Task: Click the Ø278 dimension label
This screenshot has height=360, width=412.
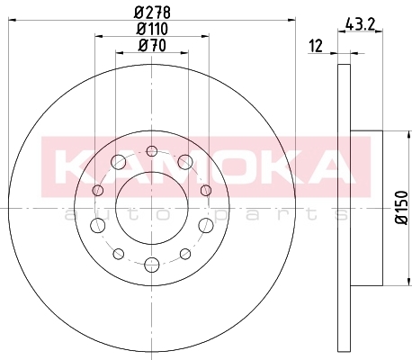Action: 152,13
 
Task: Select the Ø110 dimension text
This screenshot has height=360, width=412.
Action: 152,29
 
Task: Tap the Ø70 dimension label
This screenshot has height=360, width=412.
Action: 152,46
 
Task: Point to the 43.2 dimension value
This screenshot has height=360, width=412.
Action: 360,24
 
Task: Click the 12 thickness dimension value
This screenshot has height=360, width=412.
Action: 316,46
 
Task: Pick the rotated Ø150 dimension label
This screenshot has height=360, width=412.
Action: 402,207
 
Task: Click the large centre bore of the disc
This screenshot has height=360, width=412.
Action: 152,209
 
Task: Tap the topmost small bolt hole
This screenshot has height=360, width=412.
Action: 152,151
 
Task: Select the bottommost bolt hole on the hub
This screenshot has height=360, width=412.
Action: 152,265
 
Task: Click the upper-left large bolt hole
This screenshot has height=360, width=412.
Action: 119,162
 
